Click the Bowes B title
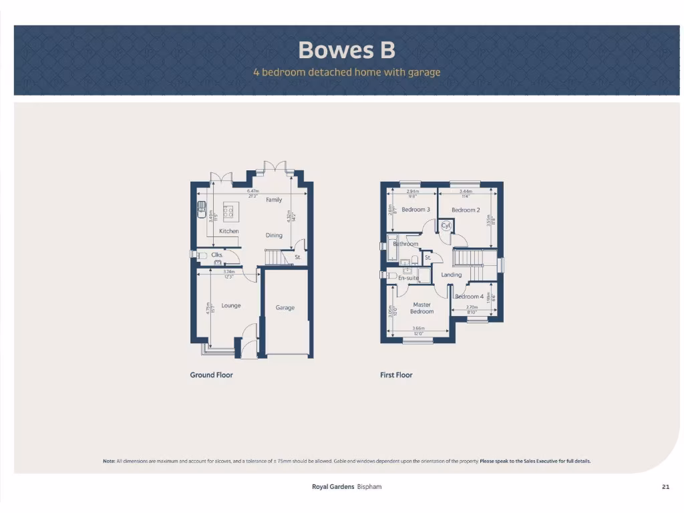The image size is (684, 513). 347,50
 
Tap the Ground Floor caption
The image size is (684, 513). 211,375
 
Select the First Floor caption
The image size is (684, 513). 396,375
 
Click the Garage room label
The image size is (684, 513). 285,308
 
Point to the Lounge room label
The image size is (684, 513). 231,306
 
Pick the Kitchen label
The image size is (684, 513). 229,231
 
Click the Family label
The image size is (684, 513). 274,200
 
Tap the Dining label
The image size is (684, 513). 274,235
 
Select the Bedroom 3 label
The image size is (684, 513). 415,210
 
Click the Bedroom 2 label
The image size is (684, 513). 466,210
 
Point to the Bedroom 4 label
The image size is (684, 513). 469,297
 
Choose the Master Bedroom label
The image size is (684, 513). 421,308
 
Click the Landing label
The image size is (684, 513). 452,275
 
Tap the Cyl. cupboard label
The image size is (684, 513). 446,226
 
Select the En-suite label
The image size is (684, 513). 408,278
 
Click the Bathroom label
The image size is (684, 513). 405,244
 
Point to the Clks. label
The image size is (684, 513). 216,254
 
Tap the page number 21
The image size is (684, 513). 665,487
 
